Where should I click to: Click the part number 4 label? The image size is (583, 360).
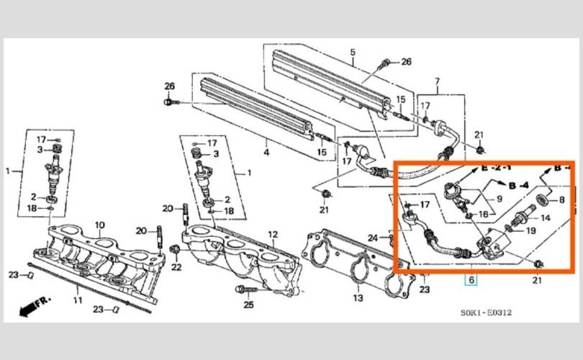pos(266,152)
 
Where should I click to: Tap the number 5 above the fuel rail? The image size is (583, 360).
pos(353,53)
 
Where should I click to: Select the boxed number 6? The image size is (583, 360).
pos(471,279)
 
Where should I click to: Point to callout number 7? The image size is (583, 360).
pos(438,81)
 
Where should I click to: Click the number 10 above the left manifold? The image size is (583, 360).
pos(99,225)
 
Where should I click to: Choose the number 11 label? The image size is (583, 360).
pos(77,300)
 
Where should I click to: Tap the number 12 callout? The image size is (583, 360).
pos(273,235)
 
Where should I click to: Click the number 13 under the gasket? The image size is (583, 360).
pos(358,298)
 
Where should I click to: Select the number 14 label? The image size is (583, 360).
pos(546,218)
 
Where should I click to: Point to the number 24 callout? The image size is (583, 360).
pos(373,238)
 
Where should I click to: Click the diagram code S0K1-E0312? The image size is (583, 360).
pos(486,312)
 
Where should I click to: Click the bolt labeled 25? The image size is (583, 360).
pos(247,289)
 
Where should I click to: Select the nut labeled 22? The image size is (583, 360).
pos(173,248)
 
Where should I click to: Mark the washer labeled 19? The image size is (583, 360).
pos(509,228)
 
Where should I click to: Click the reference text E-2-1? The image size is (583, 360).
pos(496,168)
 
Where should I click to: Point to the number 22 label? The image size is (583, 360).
pos(176,267)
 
